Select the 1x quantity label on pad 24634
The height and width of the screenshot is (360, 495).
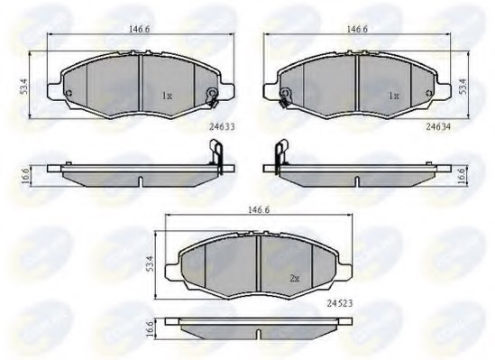click(392, 95)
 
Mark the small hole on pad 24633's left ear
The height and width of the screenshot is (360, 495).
click(69, 93)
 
